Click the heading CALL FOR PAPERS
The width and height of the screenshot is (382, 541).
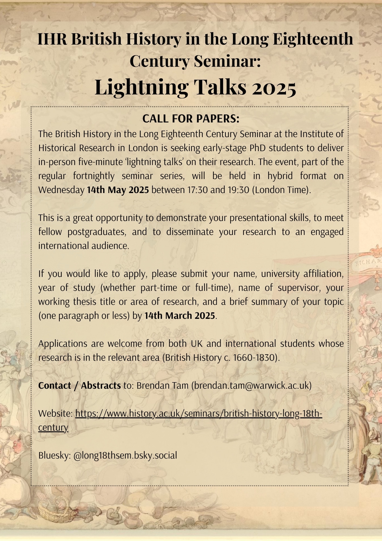coord(191,119)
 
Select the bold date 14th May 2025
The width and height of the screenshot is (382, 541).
coord(118,190)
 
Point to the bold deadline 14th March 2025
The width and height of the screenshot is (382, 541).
coord(180,316)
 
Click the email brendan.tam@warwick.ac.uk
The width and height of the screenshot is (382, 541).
coord(251,385)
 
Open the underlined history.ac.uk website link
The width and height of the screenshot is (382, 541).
coord(198,414)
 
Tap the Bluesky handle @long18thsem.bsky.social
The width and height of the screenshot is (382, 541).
coord(125,456)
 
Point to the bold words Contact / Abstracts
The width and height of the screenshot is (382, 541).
coord(79,385)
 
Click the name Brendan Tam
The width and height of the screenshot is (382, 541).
coord(162,385)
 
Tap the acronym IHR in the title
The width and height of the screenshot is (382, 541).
coord(52,39)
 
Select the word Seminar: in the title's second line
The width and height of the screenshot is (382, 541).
coord(227,61)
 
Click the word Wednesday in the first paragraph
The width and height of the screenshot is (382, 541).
coord(61,190)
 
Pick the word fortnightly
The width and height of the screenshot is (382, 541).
coord(94,176)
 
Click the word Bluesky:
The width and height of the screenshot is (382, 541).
coord(54,456)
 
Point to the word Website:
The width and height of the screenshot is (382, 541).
coord(55,414)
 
